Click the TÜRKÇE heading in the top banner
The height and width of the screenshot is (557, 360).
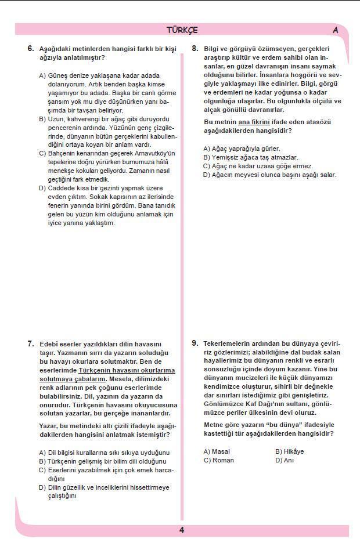(182, 30)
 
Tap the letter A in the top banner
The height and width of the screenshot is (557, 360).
(336, 30)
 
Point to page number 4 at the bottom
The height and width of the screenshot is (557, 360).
(182, 530)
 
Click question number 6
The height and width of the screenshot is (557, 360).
(31, 49)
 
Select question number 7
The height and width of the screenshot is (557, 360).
(31, 343)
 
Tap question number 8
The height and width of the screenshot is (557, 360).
(195, 49)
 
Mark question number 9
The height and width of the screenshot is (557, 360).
(195, 343)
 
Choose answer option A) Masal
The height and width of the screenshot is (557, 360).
(217, 451)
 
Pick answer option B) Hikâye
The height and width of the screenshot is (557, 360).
(289, 451)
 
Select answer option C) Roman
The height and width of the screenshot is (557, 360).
(218, 460)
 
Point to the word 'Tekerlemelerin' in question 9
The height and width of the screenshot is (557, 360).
(228, 343)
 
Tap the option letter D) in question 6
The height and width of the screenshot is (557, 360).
(42, 188)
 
